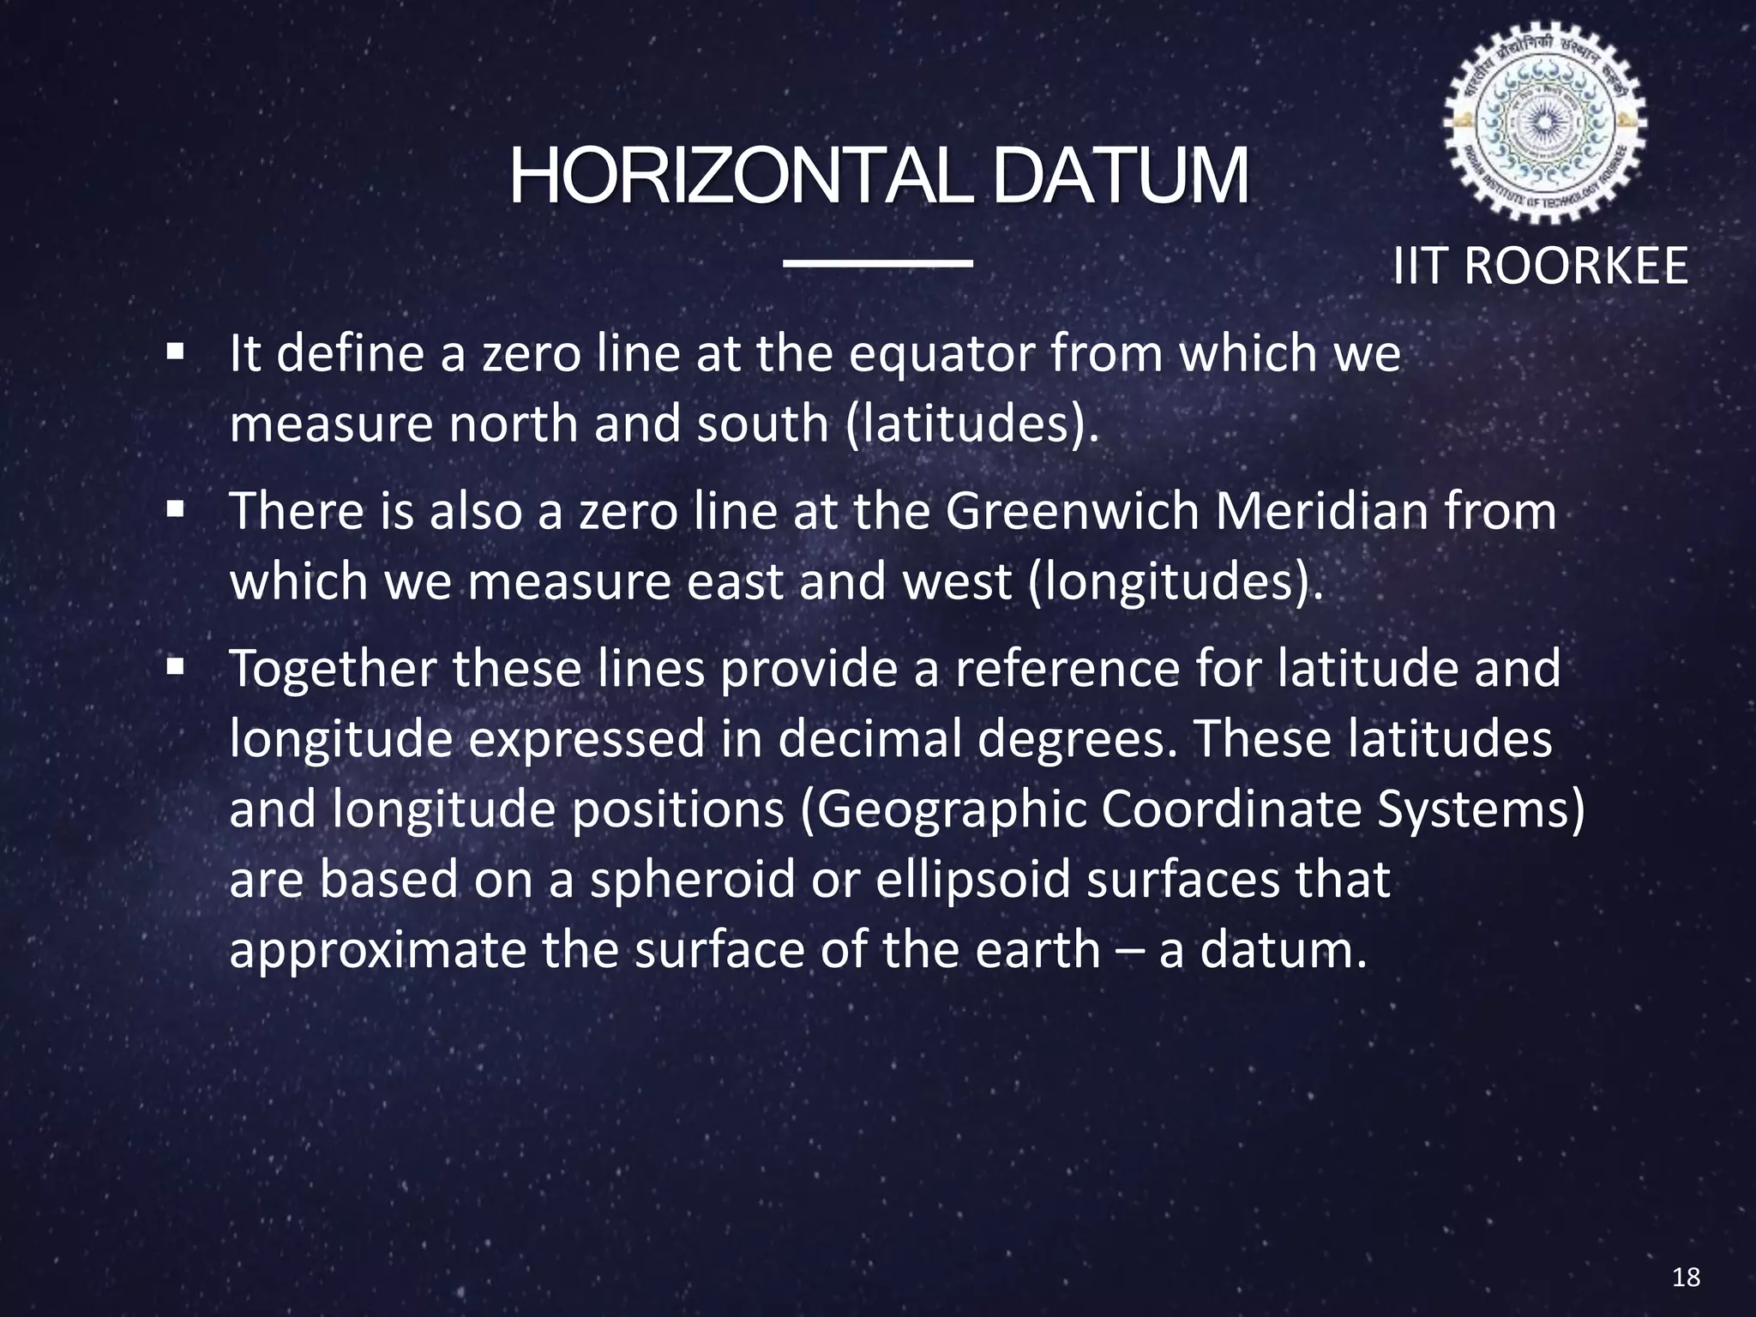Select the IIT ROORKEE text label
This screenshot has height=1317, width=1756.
(1540, 266)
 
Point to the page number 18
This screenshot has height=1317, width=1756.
(1686, 1278)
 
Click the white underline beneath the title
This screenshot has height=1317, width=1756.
(878, 262)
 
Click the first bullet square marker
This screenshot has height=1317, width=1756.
(177, 352)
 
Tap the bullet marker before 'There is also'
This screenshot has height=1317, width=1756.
(177, 510)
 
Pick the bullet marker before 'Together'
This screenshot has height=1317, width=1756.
(177, 666)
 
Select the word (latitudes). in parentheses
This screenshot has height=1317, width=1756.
(971, 424)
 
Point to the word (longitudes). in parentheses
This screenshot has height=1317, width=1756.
(1174, 581)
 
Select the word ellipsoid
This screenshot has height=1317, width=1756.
(973, 880)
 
